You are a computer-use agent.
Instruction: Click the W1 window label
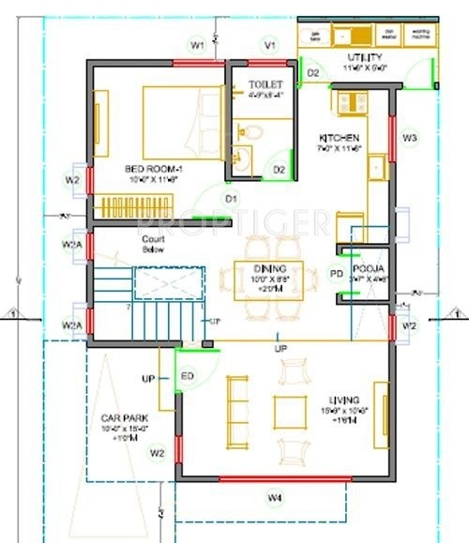197,44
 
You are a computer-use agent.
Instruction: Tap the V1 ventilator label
270,44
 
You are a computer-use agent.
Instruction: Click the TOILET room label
265,84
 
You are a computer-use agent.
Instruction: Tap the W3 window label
409,137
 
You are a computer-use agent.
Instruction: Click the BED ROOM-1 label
153,170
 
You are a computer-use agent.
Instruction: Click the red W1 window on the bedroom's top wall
198,62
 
